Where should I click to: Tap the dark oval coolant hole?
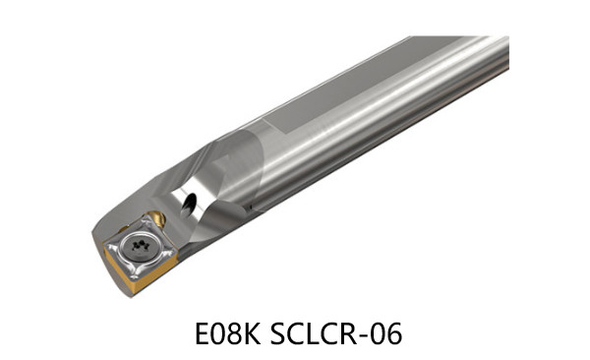pyautogui.click(x=188, y=205)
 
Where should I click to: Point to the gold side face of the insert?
pyautogui.click(x=140, y=271)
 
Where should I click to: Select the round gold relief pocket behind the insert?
pyautogui.click(x=156, y=217)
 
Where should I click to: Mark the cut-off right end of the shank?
pyautogui.click(x=508, y=53)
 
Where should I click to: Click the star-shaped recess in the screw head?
pyautogui.click(x=141, y=245)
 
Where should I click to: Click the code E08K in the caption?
pyautogui.click(x=228, y=333)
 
